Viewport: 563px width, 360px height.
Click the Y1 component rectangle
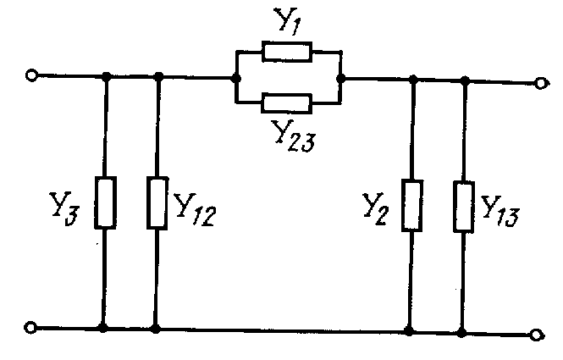[x=288, y=53]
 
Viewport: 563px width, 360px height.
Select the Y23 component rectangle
[x=288, y=104]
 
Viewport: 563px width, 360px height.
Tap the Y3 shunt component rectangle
[x=106, y=202]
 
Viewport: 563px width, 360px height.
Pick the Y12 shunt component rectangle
[x=157, y=202]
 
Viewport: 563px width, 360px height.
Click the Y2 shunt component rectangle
[x=412, y=204]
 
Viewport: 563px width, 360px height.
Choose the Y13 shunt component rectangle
[x=464, y=204]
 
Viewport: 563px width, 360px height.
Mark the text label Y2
[x=374, y=208]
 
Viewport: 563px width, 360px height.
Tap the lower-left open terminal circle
[x=32, y=327]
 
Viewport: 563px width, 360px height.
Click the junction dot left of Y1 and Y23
[x=235, y=78]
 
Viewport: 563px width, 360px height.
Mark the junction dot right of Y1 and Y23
[x=339, y=79]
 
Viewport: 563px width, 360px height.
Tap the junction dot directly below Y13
[x=464, y=330]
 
